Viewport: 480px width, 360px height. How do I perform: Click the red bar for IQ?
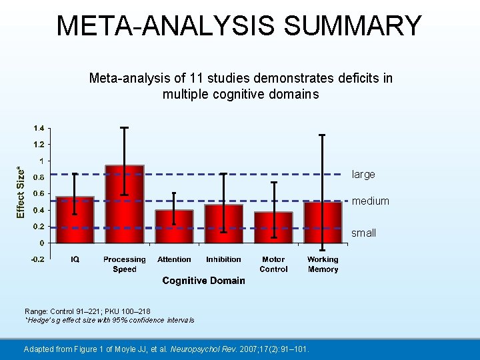75,220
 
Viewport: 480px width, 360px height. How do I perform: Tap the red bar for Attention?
174,227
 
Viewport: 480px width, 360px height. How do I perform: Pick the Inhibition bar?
223,224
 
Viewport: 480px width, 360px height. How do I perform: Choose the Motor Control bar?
273,228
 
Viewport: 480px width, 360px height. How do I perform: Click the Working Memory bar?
323,223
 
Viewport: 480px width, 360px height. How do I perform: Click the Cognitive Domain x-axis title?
203,281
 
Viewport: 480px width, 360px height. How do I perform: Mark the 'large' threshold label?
363,175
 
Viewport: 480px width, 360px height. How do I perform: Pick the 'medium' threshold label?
370,201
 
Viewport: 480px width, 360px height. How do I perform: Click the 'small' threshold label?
363,233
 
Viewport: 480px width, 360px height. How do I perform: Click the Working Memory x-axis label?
323,264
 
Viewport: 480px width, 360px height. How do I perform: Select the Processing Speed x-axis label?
125,264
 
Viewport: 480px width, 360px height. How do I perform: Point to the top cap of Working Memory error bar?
323,135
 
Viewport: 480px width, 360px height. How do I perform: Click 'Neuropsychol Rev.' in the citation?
219,349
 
